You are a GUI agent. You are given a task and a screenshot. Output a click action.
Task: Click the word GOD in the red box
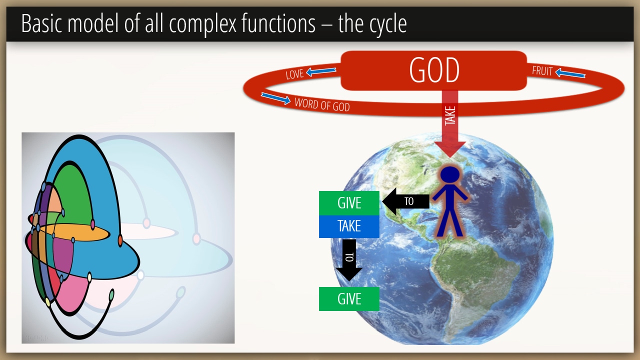(434, 70)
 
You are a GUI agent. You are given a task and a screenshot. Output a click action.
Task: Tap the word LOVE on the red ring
(294, 74)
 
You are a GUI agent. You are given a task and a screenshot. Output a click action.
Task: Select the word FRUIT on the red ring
(542, 71)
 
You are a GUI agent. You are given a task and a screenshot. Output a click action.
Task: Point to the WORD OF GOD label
(322, 104)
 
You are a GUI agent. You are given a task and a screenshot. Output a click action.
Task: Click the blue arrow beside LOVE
(321, 71)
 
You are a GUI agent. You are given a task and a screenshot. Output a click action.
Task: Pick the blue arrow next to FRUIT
(570, 73)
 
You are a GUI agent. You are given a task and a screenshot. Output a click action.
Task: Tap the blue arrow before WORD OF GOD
(275, 98)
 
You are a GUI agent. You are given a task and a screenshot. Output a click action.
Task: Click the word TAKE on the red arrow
(450, 115)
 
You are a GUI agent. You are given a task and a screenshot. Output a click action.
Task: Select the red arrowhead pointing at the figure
(450, 149)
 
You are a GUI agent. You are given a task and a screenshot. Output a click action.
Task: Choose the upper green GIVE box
(349, 203)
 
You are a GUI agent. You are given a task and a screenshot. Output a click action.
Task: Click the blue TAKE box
(349, 226)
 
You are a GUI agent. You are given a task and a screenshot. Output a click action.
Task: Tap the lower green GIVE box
(349, 299)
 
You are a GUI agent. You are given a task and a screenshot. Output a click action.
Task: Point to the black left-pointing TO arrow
(405, 201)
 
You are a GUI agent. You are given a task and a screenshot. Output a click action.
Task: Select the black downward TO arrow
(349, 260)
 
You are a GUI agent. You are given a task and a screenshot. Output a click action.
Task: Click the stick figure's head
(450, 174)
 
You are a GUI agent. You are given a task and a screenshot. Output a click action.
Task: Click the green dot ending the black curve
(111, 294)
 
